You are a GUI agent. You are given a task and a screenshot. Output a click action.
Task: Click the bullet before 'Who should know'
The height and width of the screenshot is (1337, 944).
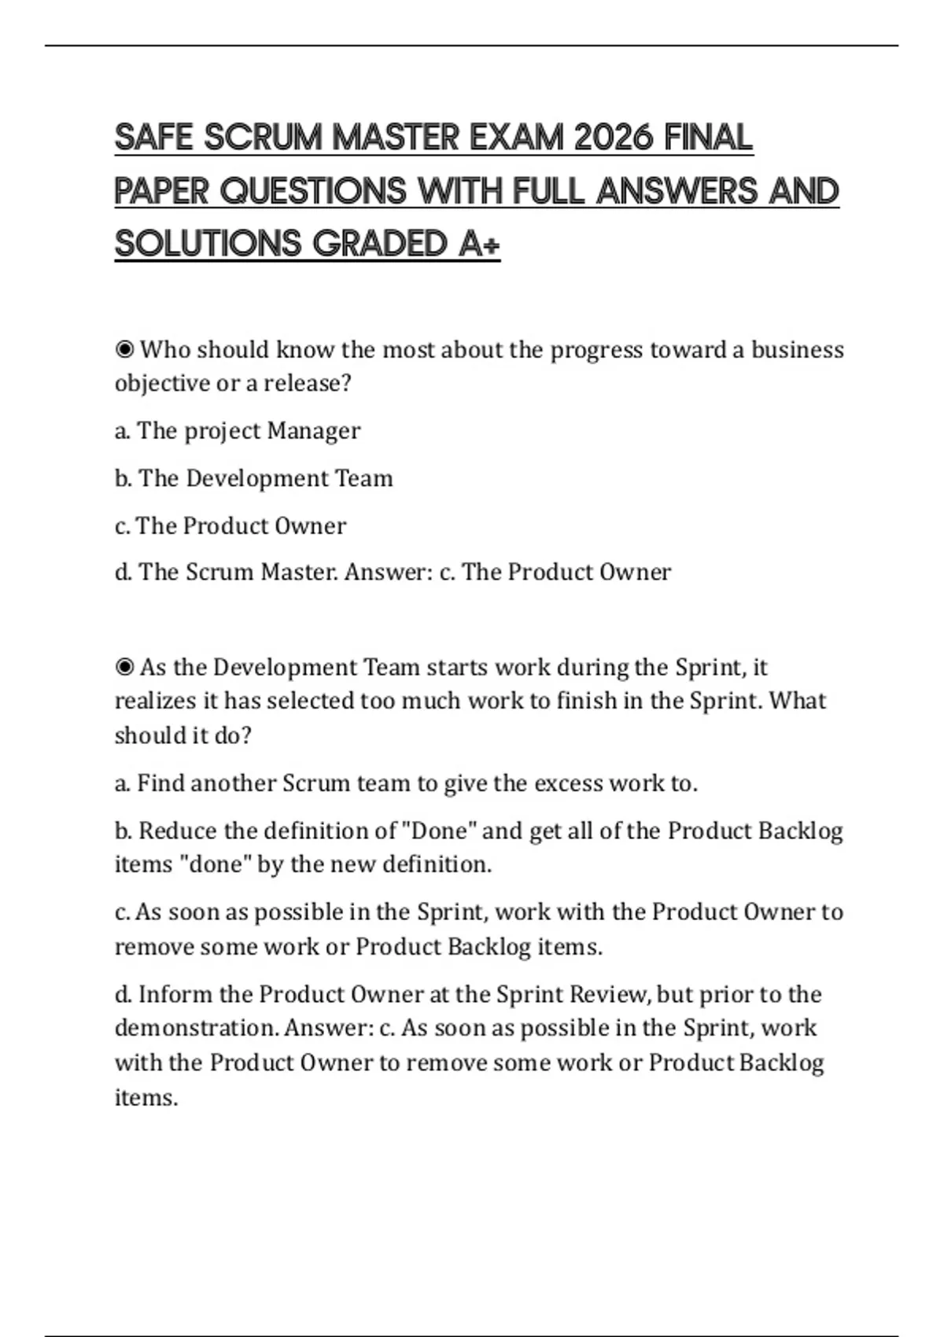tap(124, 349)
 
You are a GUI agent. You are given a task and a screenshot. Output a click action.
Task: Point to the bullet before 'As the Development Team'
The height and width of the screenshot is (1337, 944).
tap(124, 668)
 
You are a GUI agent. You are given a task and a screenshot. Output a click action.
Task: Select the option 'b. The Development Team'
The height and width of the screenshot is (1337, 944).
tap(253, 478)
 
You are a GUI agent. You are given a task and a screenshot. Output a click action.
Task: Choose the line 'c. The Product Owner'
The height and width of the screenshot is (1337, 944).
tap(230, 525)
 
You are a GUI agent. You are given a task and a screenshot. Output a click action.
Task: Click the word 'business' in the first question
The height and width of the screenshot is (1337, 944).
tap(797, 349)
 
